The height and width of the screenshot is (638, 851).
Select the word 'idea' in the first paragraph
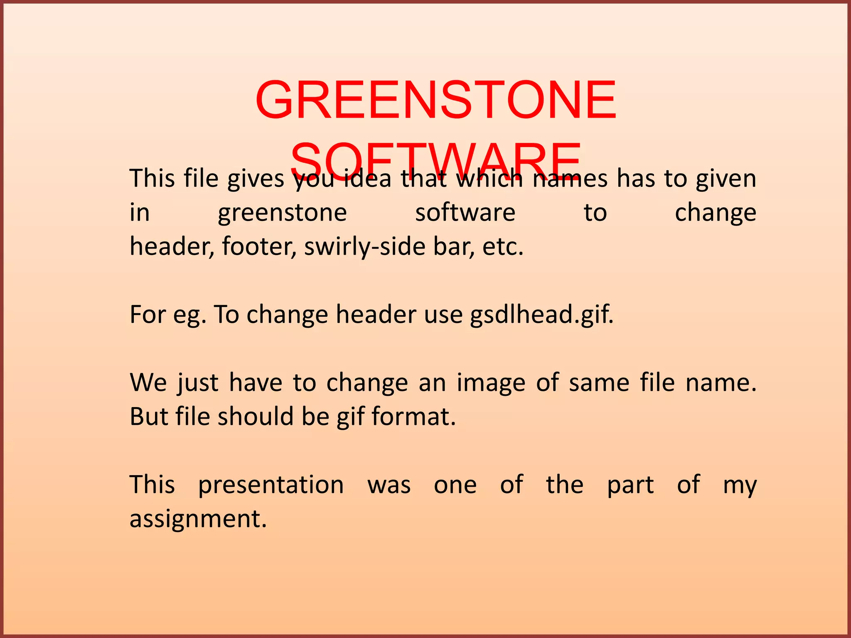coord(368,179)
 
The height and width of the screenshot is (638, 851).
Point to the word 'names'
coord(570,179)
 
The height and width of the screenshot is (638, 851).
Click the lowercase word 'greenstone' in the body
coord(282,213)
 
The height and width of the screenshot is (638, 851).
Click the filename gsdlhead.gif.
coord(542,315)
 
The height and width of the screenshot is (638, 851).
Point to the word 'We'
coord(148,383)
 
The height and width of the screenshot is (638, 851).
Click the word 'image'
coord(491,383)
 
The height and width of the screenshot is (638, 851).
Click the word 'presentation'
coord(271,485)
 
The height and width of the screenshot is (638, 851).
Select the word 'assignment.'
coord(198,519)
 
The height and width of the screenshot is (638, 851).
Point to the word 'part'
coord(630,485)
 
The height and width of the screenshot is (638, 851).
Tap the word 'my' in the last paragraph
coord(740,485)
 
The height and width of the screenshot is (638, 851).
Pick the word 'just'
coord(198,383)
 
